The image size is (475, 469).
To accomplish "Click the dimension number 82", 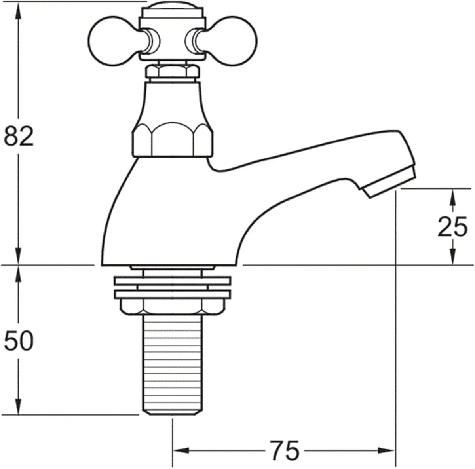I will pos(19,137).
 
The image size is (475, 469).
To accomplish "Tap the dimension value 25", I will pos(452,227).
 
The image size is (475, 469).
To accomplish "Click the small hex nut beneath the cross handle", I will pos(172,72).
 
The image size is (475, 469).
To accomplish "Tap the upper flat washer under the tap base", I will pos(172,280).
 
